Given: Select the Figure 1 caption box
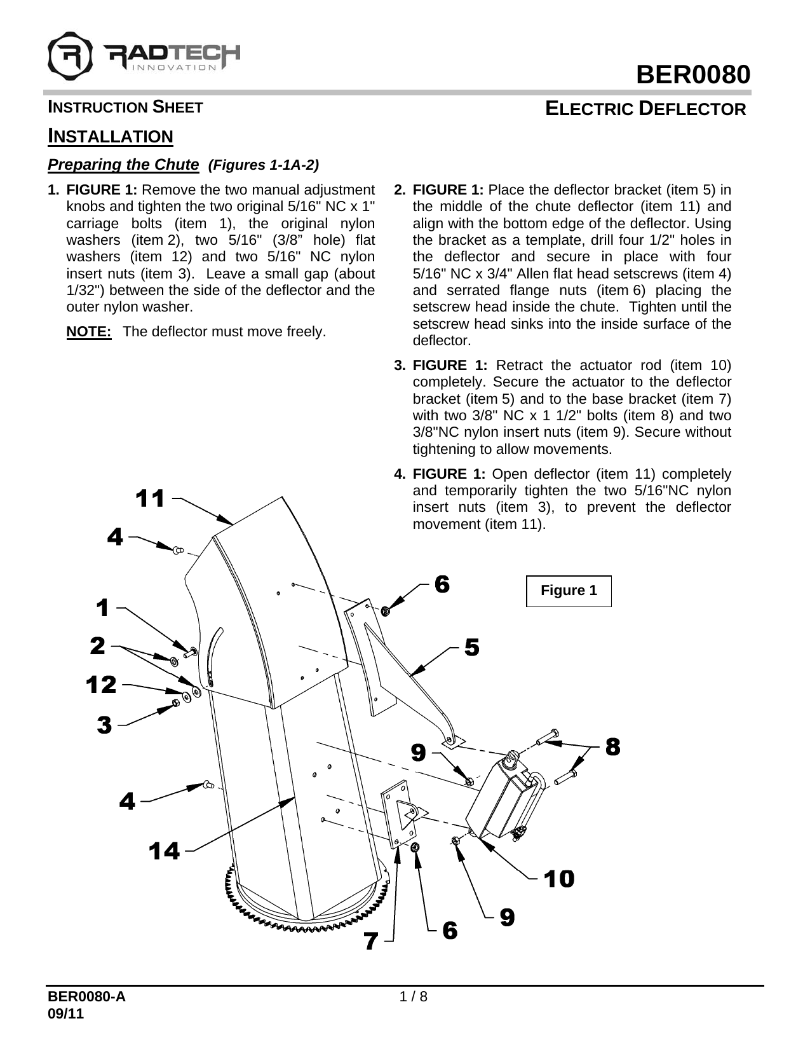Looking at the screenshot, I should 569,591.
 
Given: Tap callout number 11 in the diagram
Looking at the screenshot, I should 151,498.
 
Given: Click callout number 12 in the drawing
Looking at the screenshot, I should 102,685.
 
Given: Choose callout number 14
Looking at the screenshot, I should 165,850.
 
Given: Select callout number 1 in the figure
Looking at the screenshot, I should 102,608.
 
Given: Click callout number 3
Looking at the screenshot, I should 105,724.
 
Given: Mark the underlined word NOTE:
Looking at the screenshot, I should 89,332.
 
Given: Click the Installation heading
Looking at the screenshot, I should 111,136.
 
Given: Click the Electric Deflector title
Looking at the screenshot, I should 646,109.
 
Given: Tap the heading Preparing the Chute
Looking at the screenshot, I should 123,165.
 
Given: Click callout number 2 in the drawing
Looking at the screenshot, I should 97,646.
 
